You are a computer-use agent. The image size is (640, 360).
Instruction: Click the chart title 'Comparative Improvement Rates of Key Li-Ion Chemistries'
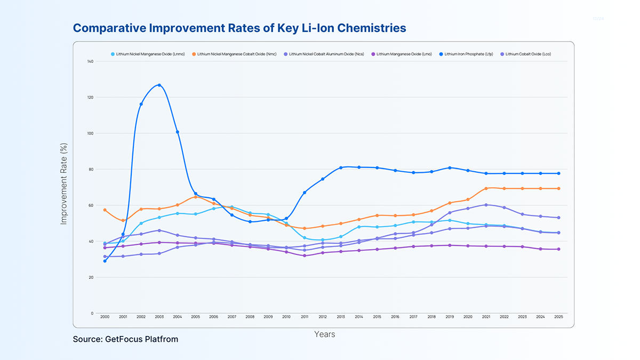[239, 28]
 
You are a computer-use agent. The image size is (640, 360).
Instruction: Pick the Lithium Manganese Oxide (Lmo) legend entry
[401, 54]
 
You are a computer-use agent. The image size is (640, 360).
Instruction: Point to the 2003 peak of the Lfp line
[159, 85]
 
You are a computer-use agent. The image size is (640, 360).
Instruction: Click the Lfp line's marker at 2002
[141, 104]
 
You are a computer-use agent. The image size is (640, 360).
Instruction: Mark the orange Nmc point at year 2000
[105, 210]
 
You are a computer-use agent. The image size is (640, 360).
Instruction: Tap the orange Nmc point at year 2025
[558, 188]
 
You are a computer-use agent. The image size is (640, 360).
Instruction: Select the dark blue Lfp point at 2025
[558, 173]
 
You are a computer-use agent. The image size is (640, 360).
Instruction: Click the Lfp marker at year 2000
[105, 261]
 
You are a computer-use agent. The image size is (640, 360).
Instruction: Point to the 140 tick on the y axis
[90, 61]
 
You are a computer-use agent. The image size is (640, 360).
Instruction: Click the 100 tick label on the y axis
[90, 133]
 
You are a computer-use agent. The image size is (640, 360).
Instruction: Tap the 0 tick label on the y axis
[92, 313]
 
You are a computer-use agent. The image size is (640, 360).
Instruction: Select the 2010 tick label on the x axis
[286, 317]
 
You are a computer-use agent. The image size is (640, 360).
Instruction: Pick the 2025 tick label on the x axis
[558, 317]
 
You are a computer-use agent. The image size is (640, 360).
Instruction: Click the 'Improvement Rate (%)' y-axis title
[64, 184]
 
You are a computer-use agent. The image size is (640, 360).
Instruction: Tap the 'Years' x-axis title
[324, 334]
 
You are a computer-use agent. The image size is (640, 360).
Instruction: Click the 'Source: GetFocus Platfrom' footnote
[125, 339]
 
